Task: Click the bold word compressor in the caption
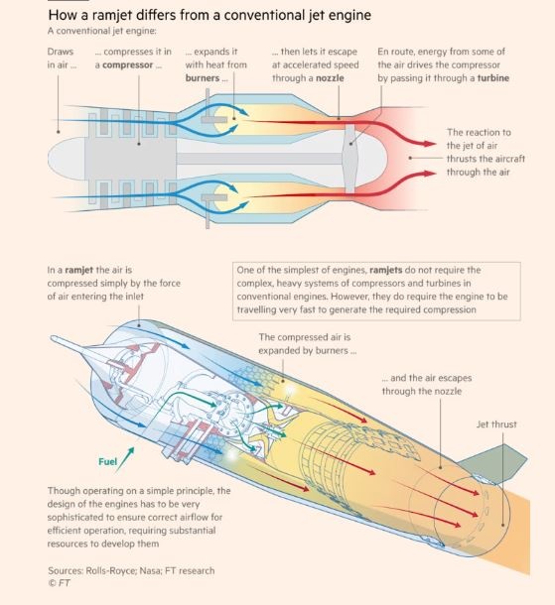pyautogui.click(x=128, y=64)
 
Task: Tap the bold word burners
pyautogui.click(x=203, y=78)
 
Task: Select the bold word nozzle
pyautogui.click(x=330, y=78)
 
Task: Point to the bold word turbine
pyautogui.click(x=493, y=78)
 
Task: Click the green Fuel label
pyautogui.click(x=107, y=461)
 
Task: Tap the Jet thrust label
pyautogui.click(x=496, y=424)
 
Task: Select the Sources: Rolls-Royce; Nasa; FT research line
pyautogui.click(x=131, y=570)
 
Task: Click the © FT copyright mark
pyautogui.click(x=60, y=583)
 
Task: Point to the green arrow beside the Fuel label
pyautogui.click(x=125, y=459)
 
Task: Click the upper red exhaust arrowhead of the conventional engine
pyautogui.click(x=430, y=144)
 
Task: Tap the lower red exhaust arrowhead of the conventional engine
pyautogui.click(x=430, y=174)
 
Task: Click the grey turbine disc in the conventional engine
pyautogui.click(x=349, y=159)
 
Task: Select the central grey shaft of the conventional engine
pyautogui.click(x=259, y=159)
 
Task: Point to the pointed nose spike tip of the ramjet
pyautogui.click(x=52, y=338)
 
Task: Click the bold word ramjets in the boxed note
pyautogui.click(x=386, y=270)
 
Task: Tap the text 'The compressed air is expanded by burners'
pyautogui.click(x=307, y=344)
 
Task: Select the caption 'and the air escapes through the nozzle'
pyautogui.click(x=427, y=384)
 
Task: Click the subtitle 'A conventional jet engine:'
pyautogui.click(x=102, y=31)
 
